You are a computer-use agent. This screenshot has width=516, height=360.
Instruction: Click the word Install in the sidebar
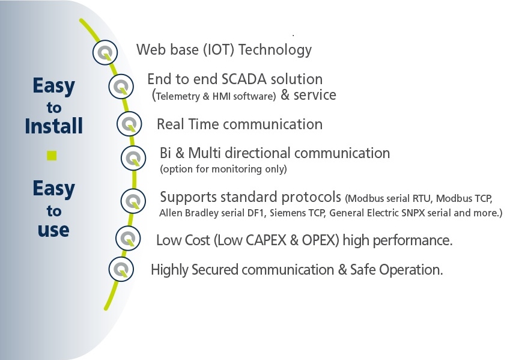pyautogui.click(x=53, y=126)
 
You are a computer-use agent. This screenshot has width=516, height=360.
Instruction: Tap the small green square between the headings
pyautogui.click(x=52, y=156)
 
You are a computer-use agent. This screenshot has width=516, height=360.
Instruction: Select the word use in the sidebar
pyautogui.click(x=53, y=230)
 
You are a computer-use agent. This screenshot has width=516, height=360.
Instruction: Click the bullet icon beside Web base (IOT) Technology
pyautogui.click(x=105, y=52)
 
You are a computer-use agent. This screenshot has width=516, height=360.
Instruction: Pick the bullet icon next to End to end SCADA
pyautogui.click(x=121, y=87)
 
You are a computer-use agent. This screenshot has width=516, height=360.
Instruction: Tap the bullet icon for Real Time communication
pyautogui.click(x=129, y=124)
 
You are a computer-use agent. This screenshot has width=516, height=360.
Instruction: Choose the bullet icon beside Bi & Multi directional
pyautogui.click(x=133, y=158)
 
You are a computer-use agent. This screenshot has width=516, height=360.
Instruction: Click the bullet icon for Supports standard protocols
pyautogui.click(x=133, y=201)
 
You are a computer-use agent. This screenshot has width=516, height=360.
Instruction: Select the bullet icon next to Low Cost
pyautogui.click(x=128, y=238)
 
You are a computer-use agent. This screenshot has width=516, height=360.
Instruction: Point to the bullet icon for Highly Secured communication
pyautogui.click(x=121, y=269)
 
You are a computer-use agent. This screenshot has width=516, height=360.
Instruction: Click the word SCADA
pyautogui.click(x=244, y=79)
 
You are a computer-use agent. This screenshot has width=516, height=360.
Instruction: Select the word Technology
pyautogui.click(x=275, y=50)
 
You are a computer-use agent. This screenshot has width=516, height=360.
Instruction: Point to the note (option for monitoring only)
pyautogui.click(x=223, y=169)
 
